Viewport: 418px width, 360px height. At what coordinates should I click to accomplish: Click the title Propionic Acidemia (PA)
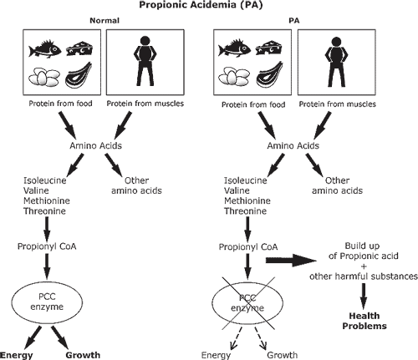(201, 5)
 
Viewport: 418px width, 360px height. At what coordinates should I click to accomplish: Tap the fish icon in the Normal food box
(45, 49)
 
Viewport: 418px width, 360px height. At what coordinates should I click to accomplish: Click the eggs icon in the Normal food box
(44, 77)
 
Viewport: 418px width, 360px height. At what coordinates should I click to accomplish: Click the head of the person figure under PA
(336, 42)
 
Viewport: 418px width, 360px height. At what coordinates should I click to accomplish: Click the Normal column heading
(104, 21)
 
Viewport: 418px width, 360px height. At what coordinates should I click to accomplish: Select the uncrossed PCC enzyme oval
(47, 302)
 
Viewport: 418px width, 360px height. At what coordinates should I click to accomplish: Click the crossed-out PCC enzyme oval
(247, 303)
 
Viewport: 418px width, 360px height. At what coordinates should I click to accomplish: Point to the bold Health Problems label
(364, 321)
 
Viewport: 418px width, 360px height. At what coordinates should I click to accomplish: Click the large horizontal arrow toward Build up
(291, 261)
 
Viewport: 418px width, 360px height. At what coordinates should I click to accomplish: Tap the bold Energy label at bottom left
(16, 355)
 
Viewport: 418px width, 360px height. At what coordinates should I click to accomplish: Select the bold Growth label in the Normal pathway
(83, 355)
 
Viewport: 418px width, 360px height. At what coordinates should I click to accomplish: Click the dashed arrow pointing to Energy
(236, 338)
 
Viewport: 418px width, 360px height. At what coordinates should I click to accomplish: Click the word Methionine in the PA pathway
(247, 200)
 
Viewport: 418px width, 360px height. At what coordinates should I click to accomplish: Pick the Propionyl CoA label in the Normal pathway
(47, 246)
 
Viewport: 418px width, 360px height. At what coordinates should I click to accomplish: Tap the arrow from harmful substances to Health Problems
(364, 297)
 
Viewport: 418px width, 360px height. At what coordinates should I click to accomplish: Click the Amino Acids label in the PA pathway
(293, 145)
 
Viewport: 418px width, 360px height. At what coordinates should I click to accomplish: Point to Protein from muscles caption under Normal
(145, 104)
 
